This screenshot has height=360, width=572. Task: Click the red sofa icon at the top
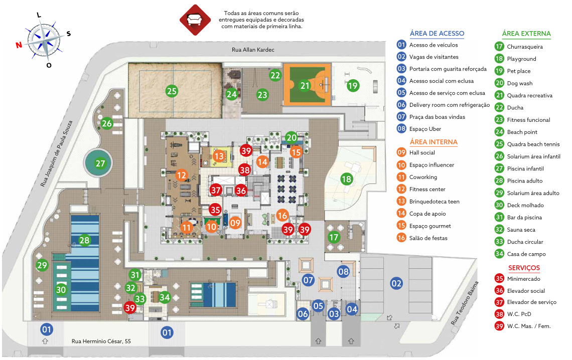195,20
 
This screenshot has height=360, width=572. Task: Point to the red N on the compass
19,45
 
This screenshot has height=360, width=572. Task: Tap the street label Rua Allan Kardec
253,50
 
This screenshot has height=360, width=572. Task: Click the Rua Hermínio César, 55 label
101,341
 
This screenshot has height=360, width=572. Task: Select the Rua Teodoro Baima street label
464,303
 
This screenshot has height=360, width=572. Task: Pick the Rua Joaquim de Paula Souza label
57,153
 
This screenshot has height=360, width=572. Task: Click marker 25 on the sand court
172,91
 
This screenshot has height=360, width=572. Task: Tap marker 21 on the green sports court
305,86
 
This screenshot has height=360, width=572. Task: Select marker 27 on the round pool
100,163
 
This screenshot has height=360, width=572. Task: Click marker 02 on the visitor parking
396,283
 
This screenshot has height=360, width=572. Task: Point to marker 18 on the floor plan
346,179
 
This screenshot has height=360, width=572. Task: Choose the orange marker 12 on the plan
181,175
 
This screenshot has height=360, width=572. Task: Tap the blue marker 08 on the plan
343,271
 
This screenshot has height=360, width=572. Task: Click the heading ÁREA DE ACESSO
437,34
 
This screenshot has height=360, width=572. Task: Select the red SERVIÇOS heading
524,268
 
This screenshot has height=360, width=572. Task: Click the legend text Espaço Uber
425,129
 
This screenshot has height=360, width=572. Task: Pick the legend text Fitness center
427,189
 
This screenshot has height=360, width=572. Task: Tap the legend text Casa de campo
526,254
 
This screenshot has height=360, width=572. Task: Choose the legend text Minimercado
523,279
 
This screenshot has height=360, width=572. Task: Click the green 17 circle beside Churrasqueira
499,46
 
